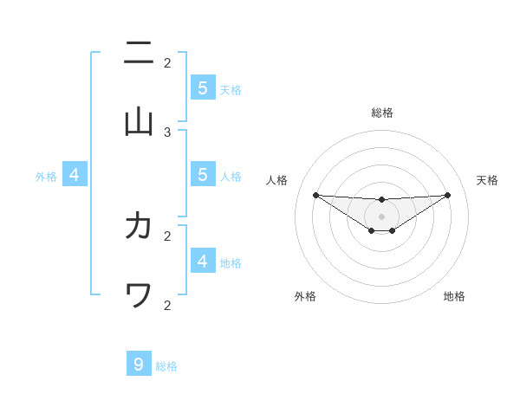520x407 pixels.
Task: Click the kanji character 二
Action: (139, 55)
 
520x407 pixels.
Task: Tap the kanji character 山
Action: (139, 122)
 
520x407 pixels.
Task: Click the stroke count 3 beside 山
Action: (167, 132)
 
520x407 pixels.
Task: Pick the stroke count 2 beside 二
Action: (167, 62)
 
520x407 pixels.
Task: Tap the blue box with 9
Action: (139, 365)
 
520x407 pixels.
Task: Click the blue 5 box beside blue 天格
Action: (202, 87)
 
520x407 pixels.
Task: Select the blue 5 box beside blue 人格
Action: (202, 175)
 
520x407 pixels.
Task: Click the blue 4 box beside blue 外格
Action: (74, 175)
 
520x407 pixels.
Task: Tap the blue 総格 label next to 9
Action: (166, 366)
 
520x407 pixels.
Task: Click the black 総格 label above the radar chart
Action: (382, 113)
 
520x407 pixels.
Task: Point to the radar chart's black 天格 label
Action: (487, 180)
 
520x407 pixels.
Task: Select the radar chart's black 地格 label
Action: (454, 296)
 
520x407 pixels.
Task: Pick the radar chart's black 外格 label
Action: (305, 296)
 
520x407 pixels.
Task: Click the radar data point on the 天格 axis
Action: (448, 195)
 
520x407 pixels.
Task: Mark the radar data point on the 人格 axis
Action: (315, 195)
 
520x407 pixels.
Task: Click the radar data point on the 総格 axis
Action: (382, 200)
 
